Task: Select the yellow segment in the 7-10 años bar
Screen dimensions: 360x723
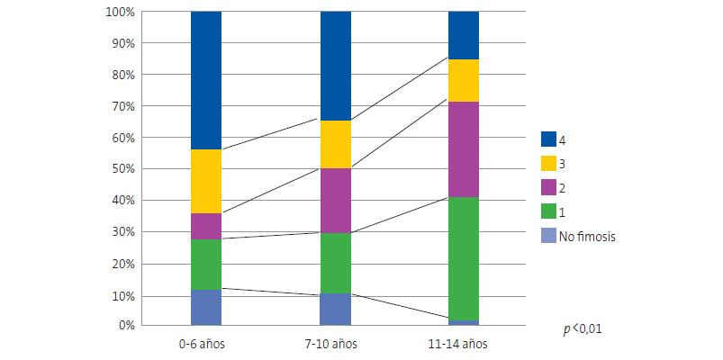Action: tap(336, 144)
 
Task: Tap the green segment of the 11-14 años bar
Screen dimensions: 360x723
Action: tap(464, 258)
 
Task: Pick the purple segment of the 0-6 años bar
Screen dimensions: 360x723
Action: tap(206, 226)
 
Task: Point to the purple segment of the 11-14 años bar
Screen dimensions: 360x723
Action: tap(464, 149)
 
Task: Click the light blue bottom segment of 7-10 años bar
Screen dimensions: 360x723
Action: tap(336, 309)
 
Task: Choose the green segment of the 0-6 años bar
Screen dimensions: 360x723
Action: tap(206, 265)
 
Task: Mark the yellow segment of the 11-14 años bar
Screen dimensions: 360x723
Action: tap(464, 80)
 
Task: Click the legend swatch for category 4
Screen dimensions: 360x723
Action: tap(548, 139)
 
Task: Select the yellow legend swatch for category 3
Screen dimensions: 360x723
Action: tap(548, 164)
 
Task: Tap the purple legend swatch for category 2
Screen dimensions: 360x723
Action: tap(548, 188)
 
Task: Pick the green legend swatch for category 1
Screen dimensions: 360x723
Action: tap(548, 212)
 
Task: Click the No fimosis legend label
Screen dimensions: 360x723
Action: tap(588, 237)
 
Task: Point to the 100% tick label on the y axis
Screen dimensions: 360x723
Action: tap(120, 13)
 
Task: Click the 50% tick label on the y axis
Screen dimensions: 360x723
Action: tap(122, 169)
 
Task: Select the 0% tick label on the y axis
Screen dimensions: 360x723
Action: tap(125, 325)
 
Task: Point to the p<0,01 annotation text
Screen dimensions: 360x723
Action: tap(583, 330)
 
